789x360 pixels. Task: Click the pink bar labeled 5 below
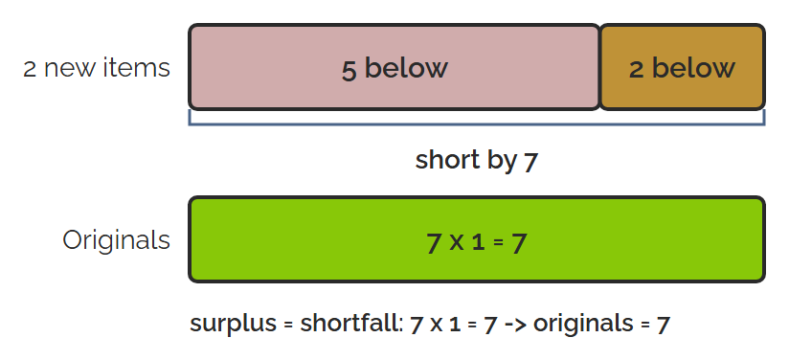coord(394,67)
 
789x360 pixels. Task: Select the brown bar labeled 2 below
coord(683,67)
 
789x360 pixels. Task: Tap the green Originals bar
coord(477,239)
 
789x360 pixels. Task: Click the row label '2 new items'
coord(97,67)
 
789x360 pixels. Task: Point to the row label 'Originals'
coord(116,240)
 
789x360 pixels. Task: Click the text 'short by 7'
coord(477,161)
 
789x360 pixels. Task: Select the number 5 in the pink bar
coord(349,69)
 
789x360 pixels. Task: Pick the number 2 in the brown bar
coord(637,69)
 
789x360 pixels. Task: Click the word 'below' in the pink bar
coord(406,67)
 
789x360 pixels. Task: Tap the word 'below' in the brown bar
coord(693,67)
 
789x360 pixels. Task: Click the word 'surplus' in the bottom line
coord(233,324)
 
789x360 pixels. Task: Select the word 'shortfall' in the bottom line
coord(351,323)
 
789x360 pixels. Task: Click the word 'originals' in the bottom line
coord(583,323)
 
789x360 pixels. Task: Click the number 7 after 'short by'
coord(530,162)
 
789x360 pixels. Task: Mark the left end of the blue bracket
coord(190,110)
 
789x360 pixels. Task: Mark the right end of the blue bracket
coord(764,110)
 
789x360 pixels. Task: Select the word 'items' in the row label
coord(137,67)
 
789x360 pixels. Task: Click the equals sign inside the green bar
coord(498,242)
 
